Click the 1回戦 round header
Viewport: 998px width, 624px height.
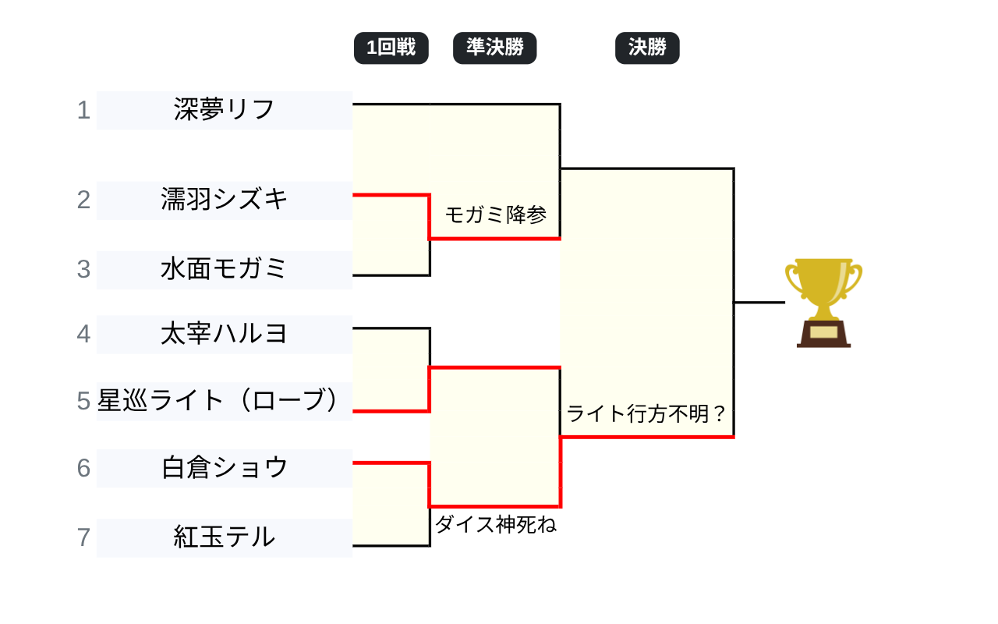click(x=391, y=48)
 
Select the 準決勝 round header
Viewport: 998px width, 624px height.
click(x=494, y=48)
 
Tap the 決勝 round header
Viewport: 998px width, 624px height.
click(x=647, y=48)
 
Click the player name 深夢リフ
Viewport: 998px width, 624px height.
click(x=225, y=110)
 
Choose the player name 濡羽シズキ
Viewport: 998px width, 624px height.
click(x=225, y=200)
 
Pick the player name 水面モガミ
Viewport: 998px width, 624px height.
click(x=225, y=269)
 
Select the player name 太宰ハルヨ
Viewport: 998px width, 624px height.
click(x=225, y=334)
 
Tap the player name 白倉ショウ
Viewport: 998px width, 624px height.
click(x=225, y=468)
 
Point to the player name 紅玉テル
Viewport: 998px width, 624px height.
click(x=225, y=537)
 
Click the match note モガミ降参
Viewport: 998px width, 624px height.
click(x=496, y=214)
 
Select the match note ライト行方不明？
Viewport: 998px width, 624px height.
click(x=647, y=414)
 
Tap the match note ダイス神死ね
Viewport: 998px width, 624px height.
click(x=496, y=525)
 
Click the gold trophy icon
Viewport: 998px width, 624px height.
click(x=823, y=292)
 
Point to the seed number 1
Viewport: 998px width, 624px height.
click(x=83, y=111)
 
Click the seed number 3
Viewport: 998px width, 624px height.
click(x=83, y=269)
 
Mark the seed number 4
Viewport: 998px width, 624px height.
click(x=83, y=334)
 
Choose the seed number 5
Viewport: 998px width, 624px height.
click(x=83, y=401)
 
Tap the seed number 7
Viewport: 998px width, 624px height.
click(x=83, y=537)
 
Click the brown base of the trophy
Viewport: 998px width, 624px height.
click(x=823, y=335)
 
